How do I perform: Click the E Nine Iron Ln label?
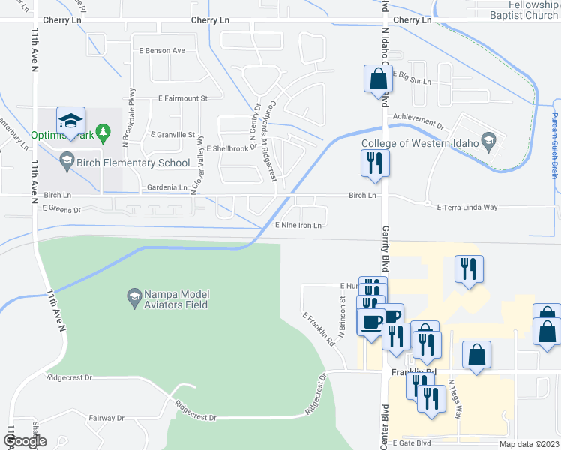[298, 225]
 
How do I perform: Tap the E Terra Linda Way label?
[468, 206]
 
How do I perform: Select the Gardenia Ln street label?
[167, 187]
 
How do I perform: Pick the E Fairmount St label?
[182, 98]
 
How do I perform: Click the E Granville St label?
[172, 135]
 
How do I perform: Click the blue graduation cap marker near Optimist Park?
[70, 121]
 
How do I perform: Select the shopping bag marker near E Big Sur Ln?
[378, 79]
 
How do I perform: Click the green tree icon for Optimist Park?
[106, 136]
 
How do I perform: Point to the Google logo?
[25, 442]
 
